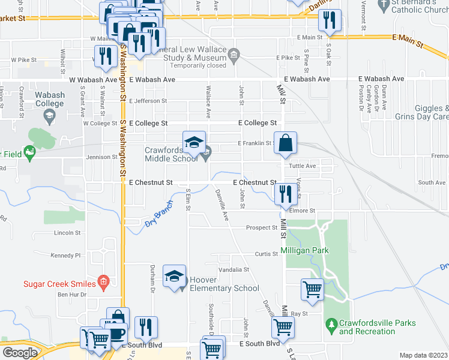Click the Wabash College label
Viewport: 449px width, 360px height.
pos(49,99)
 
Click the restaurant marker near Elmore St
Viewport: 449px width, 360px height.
pos(283,194)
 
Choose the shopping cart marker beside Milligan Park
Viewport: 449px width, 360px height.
pos(312,290)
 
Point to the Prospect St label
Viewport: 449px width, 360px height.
pos(262,228)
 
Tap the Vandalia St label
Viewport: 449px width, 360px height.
pos(234,270)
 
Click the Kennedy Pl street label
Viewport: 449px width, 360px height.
pos(66,256)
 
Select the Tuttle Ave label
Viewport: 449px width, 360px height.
pos(302,166)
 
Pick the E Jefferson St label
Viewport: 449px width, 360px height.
pos(147,101)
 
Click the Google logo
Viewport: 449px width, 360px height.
pos(20,353)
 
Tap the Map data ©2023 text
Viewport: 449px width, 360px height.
pos(423,355)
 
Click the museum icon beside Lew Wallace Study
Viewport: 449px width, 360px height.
pos(234,55)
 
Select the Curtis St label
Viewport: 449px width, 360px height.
pos(267,254)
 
